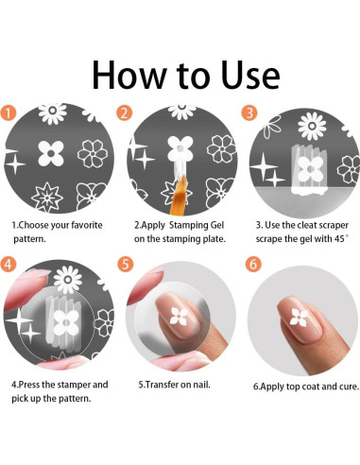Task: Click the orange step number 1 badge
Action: (8, 112)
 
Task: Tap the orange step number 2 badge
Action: (124, 113)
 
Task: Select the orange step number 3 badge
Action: (249, 112)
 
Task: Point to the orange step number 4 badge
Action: (8, 264)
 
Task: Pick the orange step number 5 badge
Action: (126, 264)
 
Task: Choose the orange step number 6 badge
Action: (253, 264)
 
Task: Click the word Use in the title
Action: (250, 75)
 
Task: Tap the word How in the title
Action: (129, 75)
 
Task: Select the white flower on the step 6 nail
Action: (298, 317)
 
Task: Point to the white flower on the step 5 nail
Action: (179, 316)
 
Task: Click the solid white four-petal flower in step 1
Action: (51, 153)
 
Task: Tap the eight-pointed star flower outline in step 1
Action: (47, 197)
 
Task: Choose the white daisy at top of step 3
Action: (312, 126)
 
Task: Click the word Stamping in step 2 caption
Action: (188, 226)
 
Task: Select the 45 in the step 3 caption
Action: (339, 239)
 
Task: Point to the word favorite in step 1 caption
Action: (87, 225)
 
